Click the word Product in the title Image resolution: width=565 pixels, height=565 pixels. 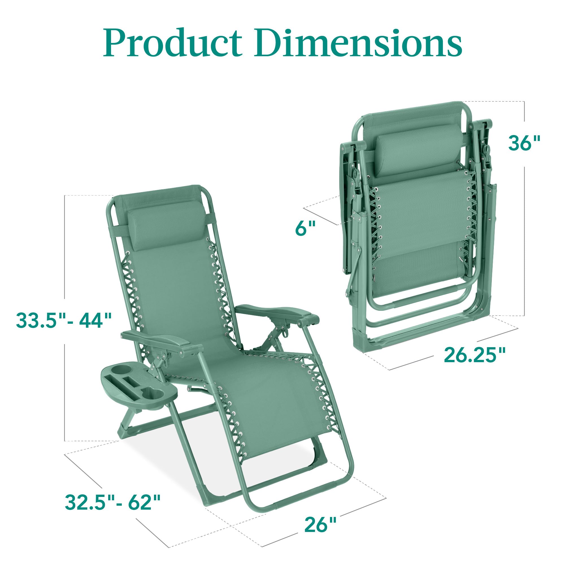pos(173,43)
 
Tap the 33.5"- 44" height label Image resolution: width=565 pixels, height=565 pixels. pos(64,320)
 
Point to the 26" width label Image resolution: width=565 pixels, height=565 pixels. pos(320,524)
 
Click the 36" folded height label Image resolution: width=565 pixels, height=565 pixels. pos(524,143)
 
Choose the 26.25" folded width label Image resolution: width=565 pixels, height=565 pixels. pos(474,355)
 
